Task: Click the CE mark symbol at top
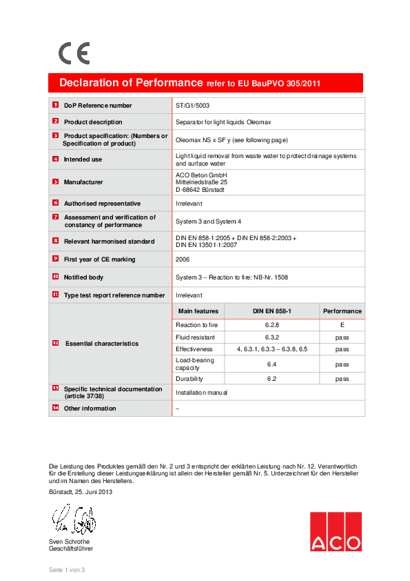pyautogui.click(x=74, y=53)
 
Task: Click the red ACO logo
pyautogui.click(x=335, y=531)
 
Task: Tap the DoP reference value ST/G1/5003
pyautogui.click(x=192, y=106)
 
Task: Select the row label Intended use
pyautogui.click(x=83, y=159)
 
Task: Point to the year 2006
pyautogui.click(x=183, y=259)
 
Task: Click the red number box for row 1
pyautogui.click(x=55, y=105)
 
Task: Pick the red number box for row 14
pyautogui.click(x=55, y=408)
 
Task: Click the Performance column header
pyautogui.click(x=342, y=311)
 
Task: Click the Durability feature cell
pyautogui.click(x=189, y=379)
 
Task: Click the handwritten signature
pyautogui.click(x=72, y=520)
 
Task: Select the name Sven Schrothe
pyautogui.click(x=70, y=542)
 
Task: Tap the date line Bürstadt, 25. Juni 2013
pyautogui.click(x=81, y=492)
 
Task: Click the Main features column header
pyautogui.click(x=198, y=311)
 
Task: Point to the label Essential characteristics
pyautogui.click(x=102, y=344)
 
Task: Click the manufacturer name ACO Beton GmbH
pyautogui.click(x=201, y=175)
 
